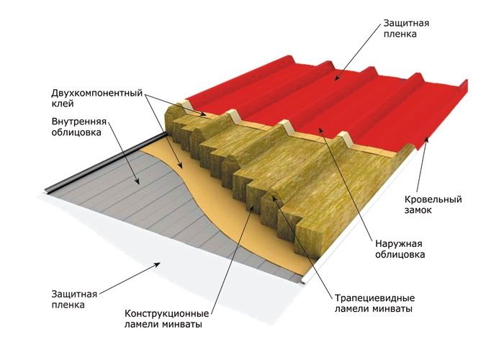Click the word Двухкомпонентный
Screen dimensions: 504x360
pos(96,94)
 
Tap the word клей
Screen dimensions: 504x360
pos(63,104)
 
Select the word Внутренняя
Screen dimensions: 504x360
pos(78,122)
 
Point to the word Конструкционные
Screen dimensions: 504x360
pos(166,313)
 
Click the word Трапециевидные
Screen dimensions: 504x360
pos(375,298)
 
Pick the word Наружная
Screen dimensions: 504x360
pos(399,243)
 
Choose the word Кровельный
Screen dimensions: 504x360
pos(433,199)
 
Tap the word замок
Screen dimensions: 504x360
pos(418,210)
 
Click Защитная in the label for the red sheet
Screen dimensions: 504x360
pos(406,24)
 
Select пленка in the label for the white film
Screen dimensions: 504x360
pos(68,305)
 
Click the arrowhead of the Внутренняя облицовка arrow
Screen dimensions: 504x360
pos(137,181)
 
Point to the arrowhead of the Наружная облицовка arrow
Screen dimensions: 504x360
pos(320,130)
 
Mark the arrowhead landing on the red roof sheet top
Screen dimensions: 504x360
pos(336,77)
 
